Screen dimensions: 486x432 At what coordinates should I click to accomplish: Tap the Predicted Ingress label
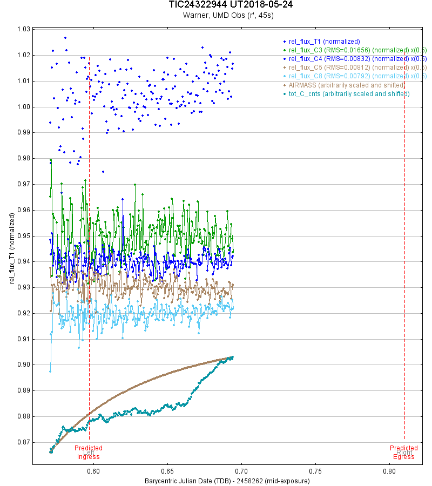(89, 453)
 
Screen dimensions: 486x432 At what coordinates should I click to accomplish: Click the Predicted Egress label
(404, 453)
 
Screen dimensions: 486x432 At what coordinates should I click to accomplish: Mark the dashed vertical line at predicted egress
(404, 270)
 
